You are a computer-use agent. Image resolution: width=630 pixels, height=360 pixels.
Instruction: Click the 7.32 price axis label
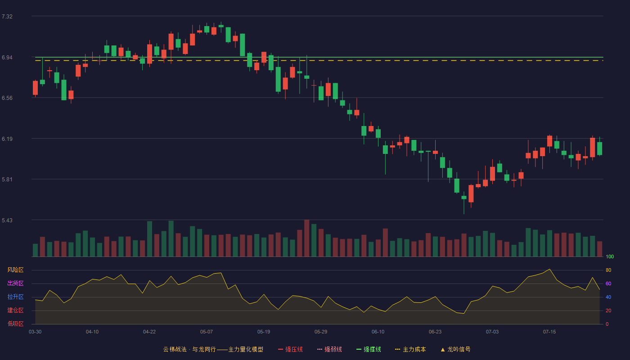[x=7, y=17]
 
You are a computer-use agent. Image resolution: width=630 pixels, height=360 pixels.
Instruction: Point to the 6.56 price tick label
[x=7, y=98]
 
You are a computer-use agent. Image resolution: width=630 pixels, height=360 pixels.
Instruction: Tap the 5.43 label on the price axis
[x=7, y=220]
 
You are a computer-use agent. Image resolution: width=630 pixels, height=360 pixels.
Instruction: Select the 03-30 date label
[x=35, y=332]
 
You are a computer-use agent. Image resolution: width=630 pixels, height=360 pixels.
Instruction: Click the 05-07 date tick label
[x=207, y=332]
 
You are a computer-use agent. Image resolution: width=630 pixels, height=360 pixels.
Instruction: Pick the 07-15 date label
[x=549, y=332]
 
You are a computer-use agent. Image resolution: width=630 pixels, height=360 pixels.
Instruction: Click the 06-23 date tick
[x=435, y=332]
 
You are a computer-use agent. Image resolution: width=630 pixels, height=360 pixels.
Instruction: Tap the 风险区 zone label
[x=15, y=270]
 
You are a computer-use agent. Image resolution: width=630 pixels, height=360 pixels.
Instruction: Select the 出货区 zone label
[x=15, y=283]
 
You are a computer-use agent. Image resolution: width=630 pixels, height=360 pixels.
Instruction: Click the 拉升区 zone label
[x=15, y=297]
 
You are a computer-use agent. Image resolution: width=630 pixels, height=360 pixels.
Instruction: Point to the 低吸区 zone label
[x=15, y=324]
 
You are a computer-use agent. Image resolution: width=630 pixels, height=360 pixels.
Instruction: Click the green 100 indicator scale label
[x=610, y=256]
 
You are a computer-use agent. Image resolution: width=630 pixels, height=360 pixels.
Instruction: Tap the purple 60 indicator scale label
[x=608, y=283]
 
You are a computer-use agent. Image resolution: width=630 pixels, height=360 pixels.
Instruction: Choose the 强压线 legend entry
[x=290, y=349]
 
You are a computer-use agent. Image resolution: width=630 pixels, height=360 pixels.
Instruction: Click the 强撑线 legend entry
[x=369, y=349]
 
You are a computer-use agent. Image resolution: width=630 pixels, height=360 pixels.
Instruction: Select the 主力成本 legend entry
[x=410, y=349]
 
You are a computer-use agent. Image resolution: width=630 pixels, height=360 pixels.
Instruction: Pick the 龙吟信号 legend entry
[x=455, y=349]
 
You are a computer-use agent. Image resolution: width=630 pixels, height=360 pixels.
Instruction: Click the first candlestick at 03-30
[x=35, y=88]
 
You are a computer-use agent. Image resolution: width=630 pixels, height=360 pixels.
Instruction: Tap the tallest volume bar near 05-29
[x=306, y=238]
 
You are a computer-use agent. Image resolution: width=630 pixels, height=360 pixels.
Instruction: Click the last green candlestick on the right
[x=599, y=148]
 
